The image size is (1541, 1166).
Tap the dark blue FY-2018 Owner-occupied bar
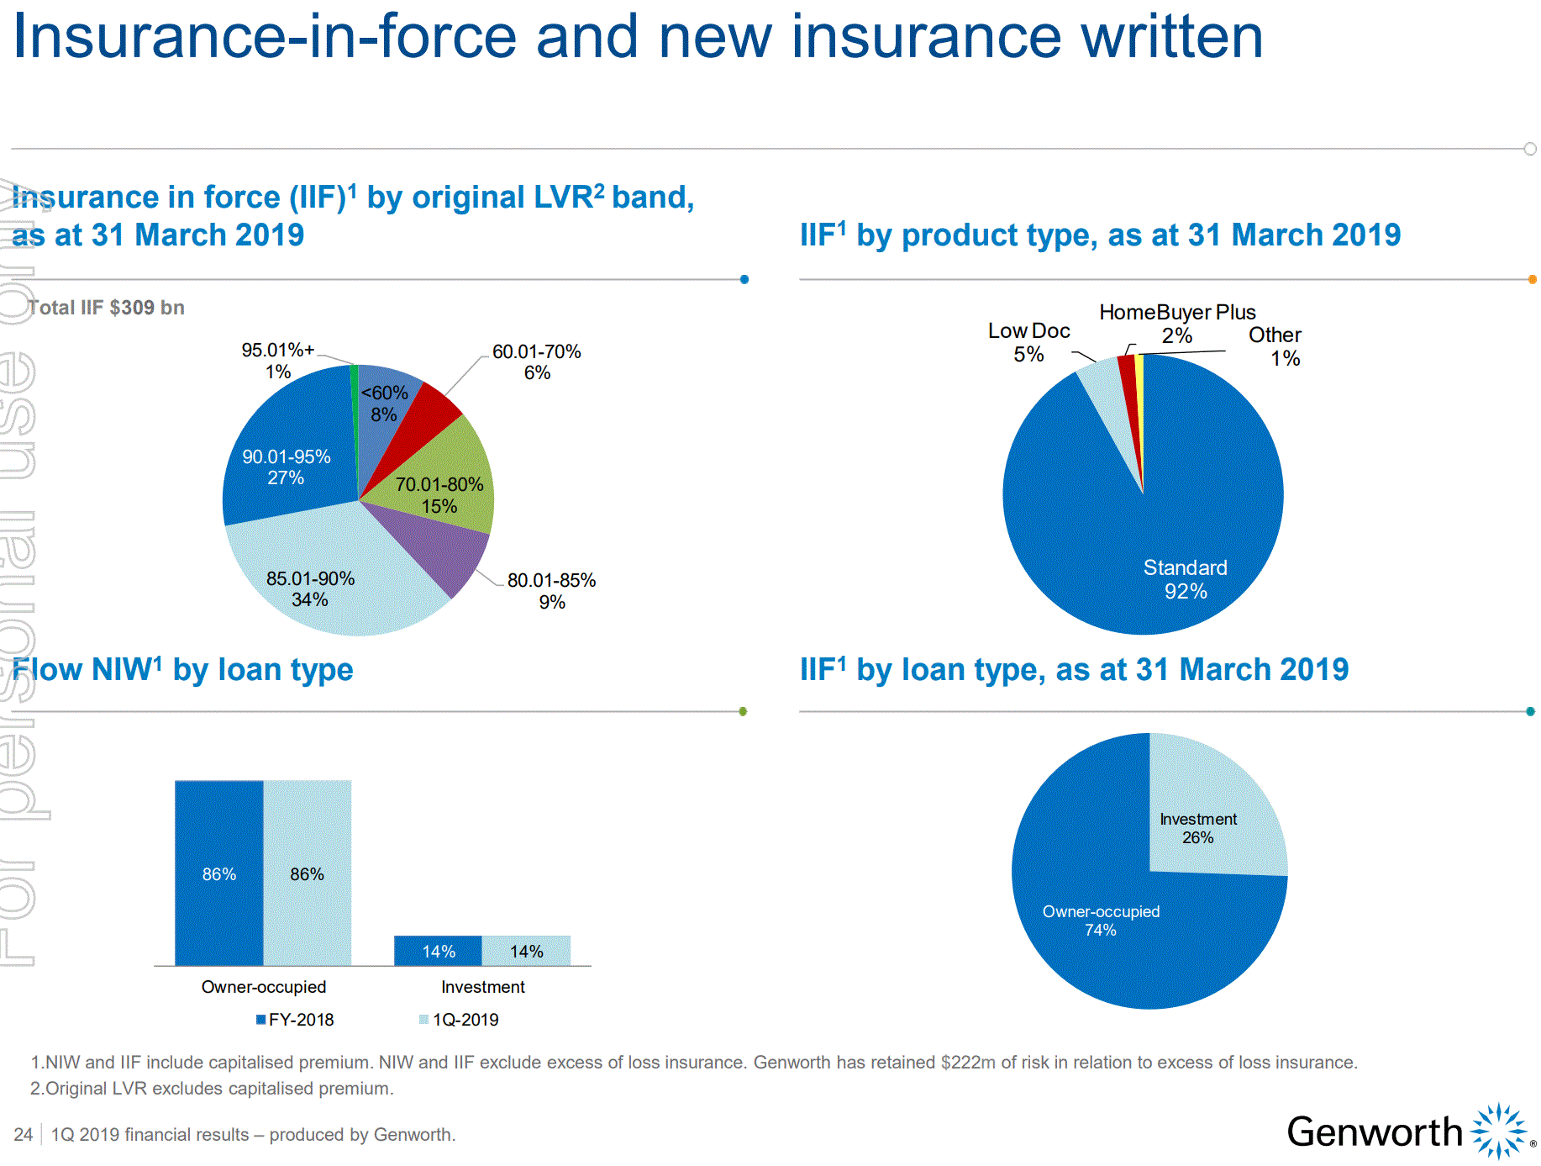coord(218,874)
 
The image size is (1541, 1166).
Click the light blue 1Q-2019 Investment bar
coord(527,951)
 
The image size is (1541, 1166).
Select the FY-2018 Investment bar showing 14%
coord(438,951)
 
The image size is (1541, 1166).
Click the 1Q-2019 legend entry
coord(460,1020)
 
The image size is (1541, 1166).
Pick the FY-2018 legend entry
coord(296,1020)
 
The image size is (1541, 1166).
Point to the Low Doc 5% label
coord(1028,342)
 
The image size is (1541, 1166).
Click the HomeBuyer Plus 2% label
coord(1177,323)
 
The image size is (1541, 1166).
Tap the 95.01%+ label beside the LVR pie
coord(277,360)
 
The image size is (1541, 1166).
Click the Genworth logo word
coord(1375,1132)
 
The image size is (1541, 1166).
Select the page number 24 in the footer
coord(23,1135)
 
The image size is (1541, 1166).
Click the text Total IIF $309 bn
coord(106,308)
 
